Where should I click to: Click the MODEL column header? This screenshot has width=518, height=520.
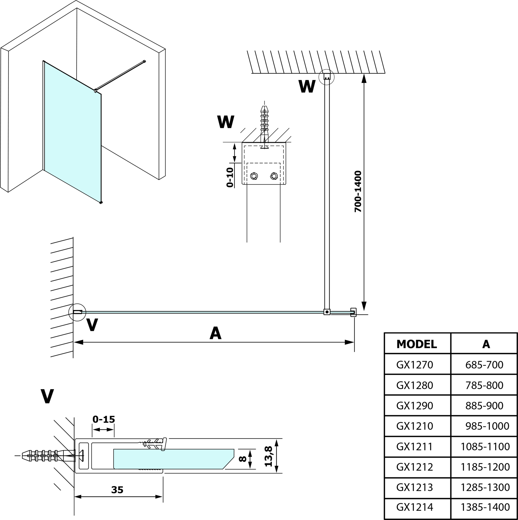click(416, 344)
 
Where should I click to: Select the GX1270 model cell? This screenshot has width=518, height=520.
click(414, 364)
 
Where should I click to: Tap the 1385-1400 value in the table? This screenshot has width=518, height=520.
click(485, 507)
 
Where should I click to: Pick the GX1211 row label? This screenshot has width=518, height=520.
click(414, 446)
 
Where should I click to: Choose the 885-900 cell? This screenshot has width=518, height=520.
click(484, 405)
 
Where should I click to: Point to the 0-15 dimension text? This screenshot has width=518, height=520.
click(104, 419)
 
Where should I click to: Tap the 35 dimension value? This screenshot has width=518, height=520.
click(117, 490)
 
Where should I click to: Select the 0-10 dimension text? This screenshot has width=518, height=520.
click(230, 177)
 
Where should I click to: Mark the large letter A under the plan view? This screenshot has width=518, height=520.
click(215, 333)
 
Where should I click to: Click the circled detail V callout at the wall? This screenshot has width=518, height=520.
click(77, 312)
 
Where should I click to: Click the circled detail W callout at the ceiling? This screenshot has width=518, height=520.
click(326, 77)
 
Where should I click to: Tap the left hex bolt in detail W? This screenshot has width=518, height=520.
click(254, 176)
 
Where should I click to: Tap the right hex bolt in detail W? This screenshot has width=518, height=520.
click(274, 176)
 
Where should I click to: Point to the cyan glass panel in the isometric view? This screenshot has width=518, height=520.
click(72, 131)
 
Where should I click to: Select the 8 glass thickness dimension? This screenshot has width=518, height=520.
click(242, 459)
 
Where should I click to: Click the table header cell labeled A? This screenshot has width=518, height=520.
click(486, 344)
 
